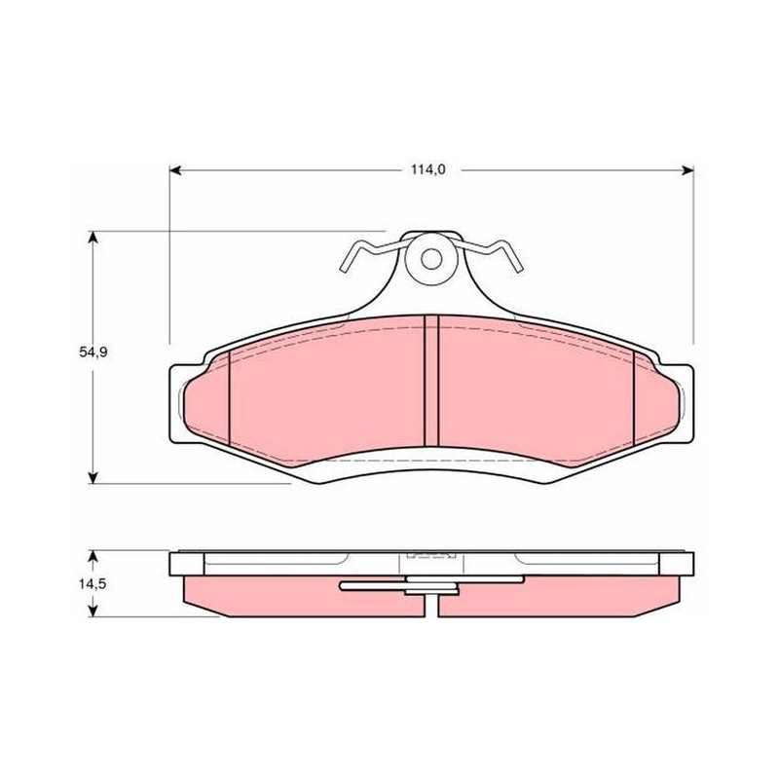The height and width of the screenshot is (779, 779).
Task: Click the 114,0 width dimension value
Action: pyautogui.click(x=427, y=169)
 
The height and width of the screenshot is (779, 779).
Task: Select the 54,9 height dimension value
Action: pyautogui.click(x=93, y=352)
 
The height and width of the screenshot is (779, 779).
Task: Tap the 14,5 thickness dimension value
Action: pyautogui.click(x=93, y=583)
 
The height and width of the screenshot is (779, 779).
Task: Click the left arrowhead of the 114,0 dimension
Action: pyautogui.click(x=175, y=170)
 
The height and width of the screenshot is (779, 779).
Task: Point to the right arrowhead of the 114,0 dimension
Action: pyautogui.click(x=688, y=170)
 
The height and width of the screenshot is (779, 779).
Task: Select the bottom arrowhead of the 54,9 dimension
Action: pyautogui.click(x=93, y=477)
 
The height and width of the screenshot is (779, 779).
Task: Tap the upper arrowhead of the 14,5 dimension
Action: pyautogui.click(x=93, y=556)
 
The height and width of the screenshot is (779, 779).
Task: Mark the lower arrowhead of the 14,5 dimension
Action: pyautogui.click(x=93, y=612)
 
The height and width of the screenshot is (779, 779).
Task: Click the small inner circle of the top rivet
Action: pyautogui.click(x=431, y=259)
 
